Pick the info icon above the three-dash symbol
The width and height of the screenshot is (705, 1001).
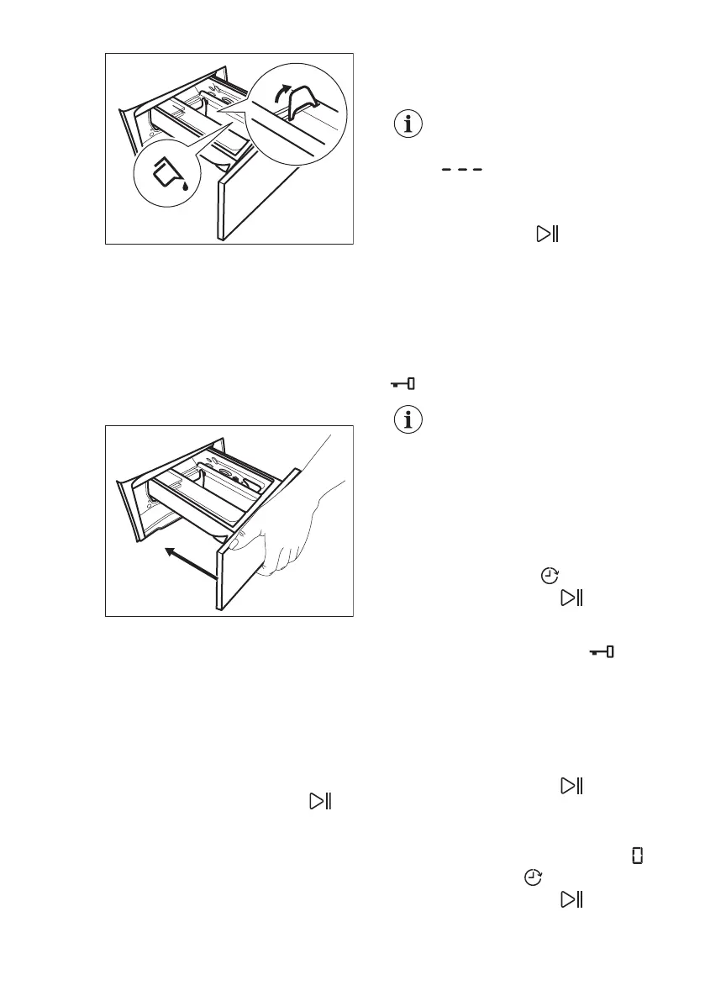409,124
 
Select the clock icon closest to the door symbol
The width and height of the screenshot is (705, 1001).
532,877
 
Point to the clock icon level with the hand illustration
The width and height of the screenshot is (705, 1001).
549,576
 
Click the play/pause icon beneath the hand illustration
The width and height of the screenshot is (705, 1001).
320,801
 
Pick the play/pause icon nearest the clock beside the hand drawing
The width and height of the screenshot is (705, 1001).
572,598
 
